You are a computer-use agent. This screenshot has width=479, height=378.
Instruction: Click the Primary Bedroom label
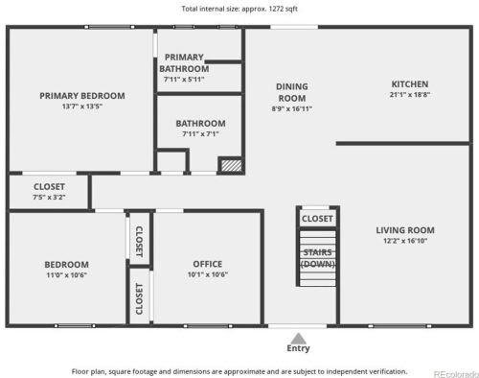82,96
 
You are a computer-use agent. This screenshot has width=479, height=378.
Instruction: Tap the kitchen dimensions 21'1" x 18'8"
410,95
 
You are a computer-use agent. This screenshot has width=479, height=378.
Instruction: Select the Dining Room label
292,92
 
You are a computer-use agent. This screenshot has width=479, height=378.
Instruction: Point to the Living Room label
405,230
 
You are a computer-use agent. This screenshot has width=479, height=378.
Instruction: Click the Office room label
208,264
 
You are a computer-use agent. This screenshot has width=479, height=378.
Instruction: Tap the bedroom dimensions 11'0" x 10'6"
66,275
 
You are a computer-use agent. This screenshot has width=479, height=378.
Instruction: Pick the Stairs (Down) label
317,258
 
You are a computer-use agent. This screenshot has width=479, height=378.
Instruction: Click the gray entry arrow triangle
298,339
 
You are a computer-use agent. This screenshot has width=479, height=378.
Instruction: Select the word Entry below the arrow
298,348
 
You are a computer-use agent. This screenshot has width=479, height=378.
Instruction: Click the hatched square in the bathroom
232,165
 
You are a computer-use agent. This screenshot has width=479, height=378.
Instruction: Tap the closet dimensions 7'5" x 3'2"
49,197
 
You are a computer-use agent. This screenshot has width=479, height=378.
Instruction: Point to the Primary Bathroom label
184,63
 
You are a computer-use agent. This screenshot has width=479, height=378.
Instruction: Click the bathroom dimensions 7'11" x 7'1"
200,134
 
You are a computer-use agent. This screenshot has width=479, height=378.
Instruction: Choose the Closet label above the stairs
317,219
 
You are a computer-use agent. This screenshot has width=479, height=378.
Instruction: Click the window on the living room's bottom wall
399,326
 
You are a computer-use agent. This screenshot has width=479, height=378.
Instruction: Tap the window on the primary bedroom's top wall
109,27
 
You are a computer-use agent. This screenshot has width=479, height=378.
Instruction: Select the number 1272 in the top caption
276,9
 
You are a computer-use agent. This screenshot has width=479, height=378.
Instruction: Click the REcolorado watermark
456,374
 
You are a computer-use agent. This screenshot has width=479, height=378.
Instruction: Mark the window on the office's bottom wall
208,326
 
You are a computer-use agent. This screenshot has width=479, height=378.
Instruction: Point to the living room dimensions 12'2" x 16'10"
405,241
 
